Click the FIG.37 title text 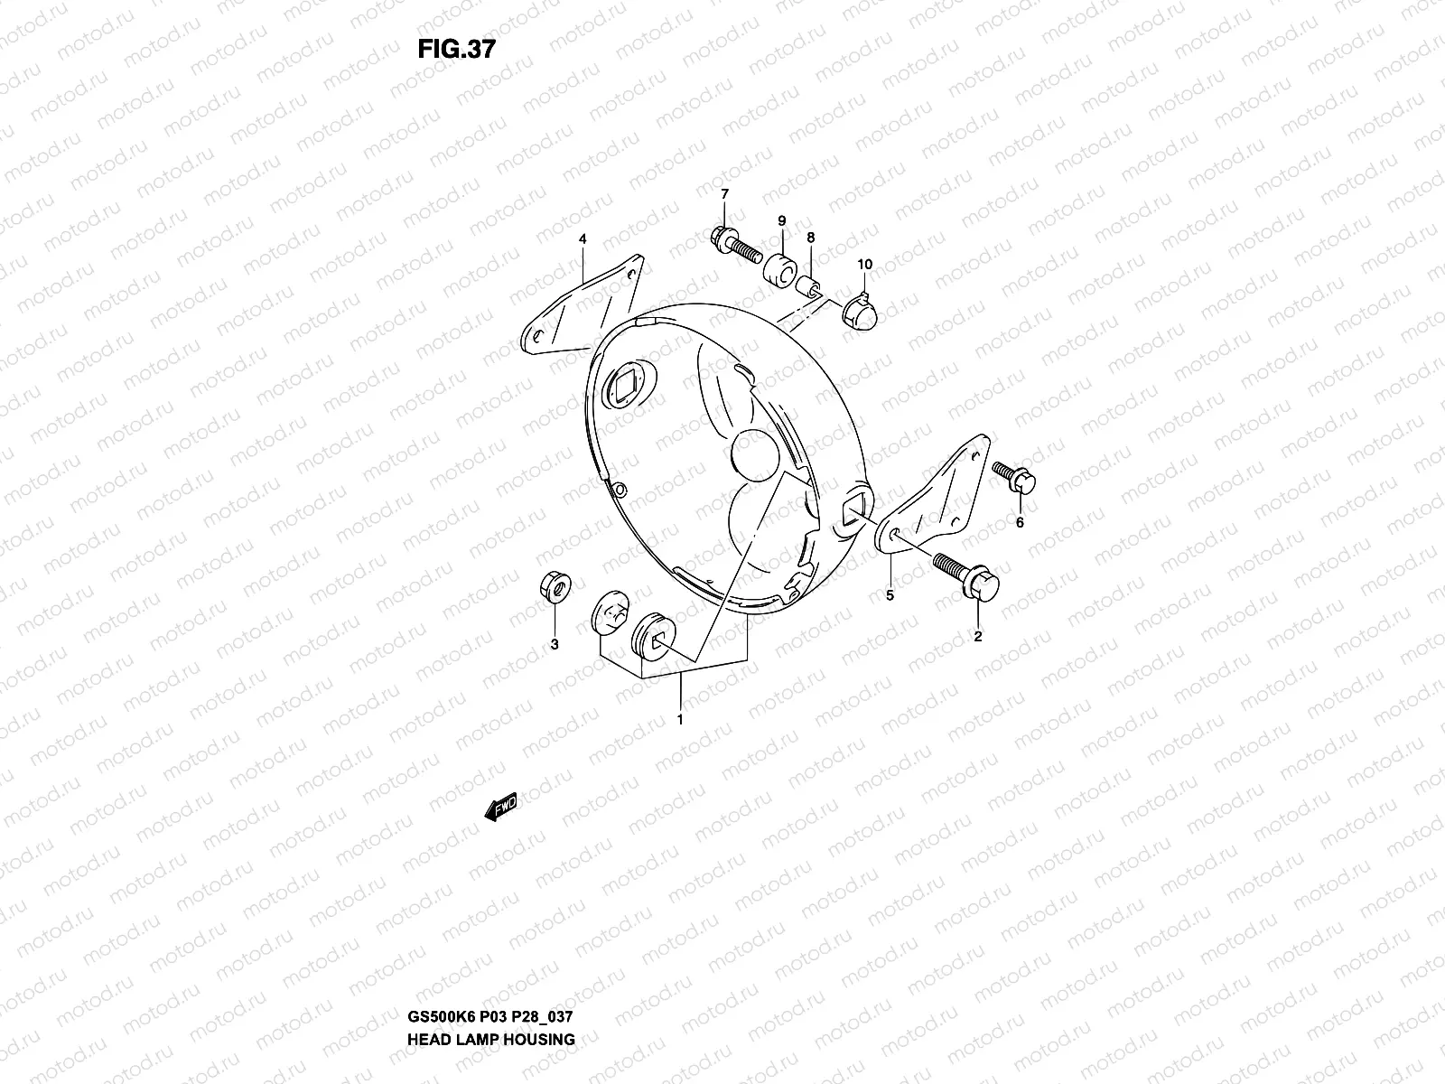pos(456,49)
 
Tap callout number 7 pos(723,194)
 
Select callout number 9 pos(782,220)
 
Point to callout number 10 pos(865,265)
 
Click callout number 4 pos(583,239)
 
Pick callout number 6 pos(1020,522)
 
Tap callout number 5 pos(890,595)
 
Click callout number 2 pos(977,636)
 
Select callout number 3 pos(555,644)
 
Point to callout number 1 pos(680,720)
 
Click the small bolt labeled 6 pos(1016,478)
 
